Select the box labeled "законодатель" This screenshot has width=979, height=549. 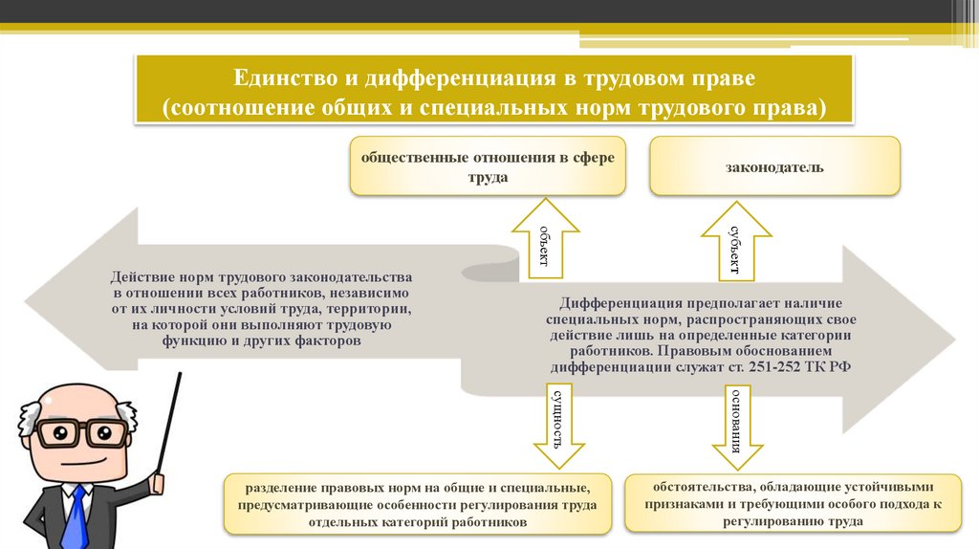pyautogui.click(x=774, y=167)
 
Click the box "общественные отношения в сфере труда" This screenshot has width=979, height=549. pyautogui.click(x=488, y=167)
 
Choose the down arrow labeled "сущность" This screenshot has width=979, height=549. pyautogui.click(x=558, y=421)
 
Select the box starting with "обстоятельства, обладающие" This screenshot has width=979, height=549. pyautogui.click(x=793, y=502)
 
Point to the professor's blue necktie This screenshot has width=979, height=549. pyautogui.click(x=74, y=516)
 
